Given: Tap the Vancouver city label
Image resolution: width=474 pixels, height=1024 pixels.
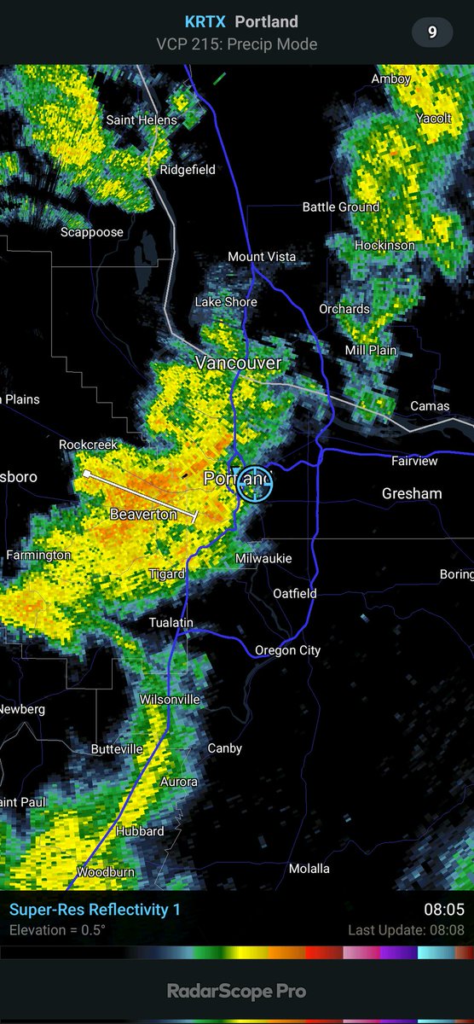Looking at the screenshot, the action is coord(238,363).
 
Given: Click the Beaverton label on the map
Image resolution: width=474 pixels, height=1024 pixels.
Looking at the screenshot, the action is coord(143,514).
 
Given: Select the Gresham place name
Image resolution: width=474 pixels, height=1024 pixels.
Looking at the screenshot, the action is coord(412,493).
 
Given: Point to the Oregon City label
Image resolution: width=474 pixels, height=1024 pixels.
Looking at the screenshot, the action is coord(287,650).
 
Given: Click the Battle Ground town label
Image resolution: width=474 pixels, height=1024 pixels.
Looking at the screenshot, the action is coord(341,207).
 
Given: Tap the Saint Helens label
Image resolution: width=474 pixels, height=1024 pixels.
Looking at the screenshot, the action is coord(142,120).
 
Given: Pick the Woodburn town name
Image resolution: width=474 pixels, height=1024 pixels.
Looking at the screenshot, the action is coord(106,872).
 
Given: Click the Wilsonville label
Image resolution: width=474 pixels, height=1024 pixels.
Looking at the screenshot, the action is coord(170,700).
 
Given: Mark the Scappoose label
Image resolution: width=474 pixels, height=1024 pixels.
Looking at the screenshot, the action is coord(92,232).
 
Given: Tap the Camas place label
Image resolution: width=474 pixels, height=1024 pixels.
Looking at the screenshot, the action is coord(430,406).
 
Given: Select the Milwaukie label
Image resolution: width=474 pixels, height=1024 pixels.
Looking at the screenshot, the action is coord(263,558).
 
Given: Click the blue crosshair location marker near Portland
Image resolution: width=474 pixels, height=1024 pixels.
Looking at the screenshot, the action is coord(253,482).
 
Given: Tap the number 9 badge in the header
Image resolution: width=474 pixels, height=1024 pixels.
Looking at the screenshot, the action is coord(432,32).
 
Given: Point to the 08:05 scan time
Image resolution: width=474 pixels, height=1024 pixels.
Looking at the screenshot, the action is coord(444,910).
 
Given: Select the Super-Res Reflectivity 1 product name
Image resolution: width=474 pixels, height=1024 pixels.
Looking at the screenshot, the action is coord(95,910).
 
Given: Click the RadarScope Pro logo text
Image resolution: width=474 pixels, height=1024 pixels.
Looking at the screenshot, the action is coord(236,992).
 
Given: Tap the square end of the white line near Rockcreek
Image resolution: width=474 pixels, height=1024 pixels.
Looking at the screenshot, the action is coord(86,473).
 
